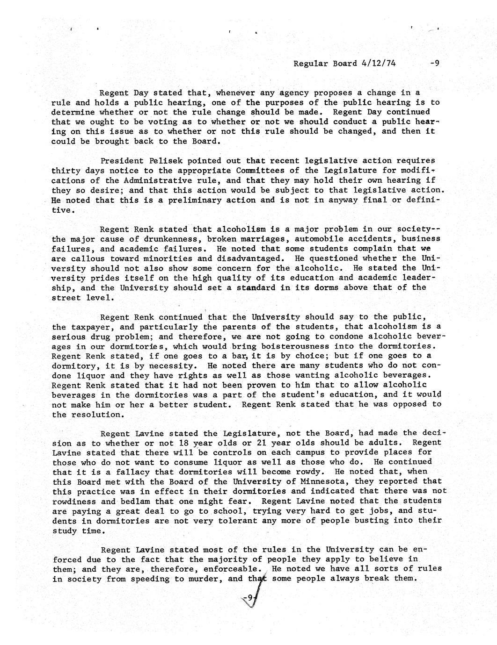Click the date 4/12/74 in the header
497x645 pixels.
379,63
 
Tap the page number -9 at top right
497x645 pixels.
434,63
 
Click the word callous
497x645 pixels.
88,258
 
